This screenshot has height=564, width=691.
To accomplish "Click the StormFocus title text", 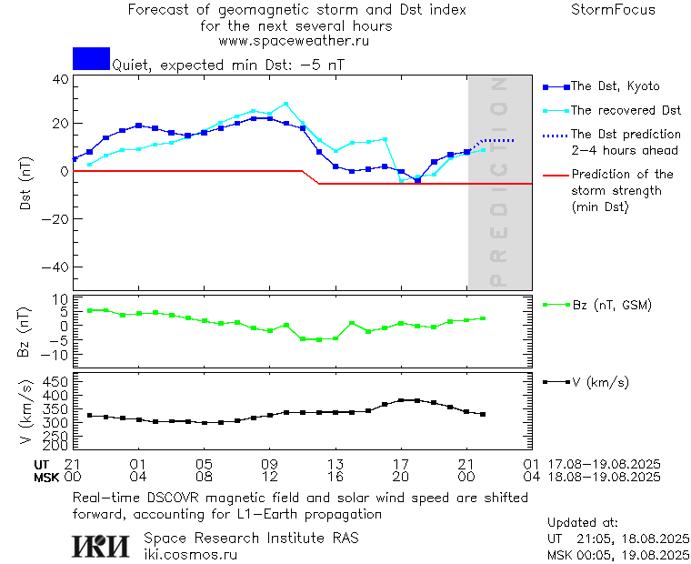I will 613,10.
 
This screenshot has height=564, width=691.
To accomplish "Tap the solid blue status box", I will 91,58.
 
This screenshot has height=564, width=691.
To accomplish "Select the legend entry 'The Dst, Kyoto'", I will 615,86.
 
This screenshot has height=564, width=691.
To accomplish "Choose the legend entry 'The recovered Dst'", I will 626,110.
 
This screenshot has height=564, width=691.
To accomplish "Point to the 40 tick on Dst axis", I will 60,79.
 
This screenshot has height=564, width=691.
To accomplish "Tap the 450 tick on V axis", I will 56,382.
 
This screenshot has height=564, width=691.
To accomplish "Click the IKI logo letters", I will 101,545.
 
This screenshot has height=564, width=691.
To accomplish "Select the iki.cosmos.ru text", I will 190,553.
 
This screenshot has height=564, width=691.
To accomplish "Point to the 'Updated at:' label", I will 583,523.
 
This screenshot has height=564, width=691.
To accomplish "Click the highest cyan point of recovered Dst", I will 285,104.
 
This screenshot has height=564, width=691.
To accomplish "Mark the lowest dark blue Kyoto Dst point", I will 417,180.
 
